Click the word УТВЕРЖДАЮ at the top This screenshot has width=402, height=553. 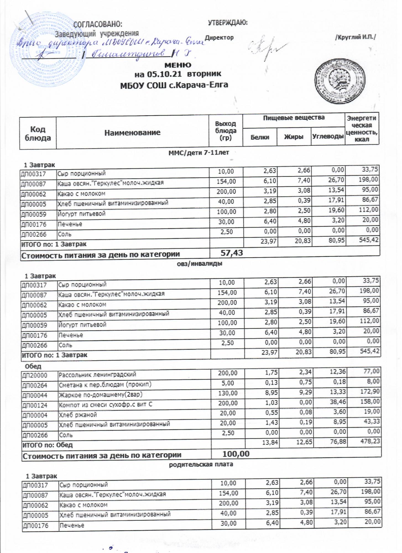(x=228, y=23)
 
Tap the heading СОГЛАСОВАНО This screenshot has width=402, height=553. (x=97, y=24)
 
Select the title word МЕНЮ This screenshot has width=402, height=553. (x=178, y=65)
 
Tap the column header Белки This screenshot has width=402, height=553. (x=260, y=137)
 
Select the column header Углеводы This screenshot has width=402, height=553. (x=328, y=137)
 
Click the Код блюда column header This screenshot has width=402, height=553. (x=38, y=134)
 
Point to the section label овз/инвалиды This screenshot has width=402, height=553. (x=200, y=264)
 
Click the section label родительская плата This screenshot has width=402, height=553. (x=201, y=464)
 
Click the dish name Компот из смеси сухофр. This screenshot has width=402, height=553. (x=105, y=405)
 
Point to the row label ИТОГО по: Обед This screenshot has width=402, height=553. (x=47, y=445)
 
